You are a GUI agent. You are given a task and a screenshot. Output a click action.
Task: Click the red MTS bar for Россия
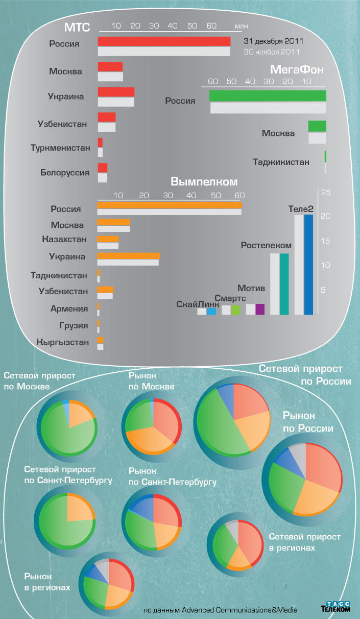click(x=164, y=41)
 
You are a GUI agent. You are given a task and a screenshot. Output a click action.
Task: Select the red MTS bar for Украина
click(x=116, y=92)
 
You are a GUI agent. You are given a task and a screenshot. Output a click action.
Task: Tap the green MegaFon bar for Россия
click(x=268, y=96)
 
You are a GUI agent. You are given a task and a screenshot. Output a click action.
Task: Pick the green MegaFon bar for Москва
click(x=317, y=126)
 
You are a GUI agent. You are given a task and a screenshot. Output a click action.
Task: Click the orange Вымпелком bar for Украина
click(x=128, y=255)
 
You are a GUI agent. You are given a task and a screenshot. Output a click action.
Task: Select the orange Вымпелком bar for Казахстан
click(x=108, y=239)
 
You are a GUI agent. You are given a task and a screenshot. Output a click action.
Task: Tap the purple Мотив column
click(x=260, y=309)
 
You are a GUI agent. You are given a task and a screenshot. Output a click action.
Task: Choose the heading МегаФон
click(x=297, y=69)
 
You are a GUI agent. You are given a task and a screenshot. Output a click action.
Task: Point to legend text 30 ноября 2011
click(x=271, y=52)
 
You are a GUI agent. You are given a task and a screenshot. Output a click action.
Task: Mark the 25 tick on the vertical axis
click(x=325, y=193)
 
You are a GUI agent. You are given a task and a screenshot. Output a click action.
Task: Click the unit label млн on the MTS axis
click(x=241, y=26)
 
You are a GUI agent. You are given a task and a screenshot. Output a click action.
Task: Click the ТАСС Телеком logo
click(x=336, y=606)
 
